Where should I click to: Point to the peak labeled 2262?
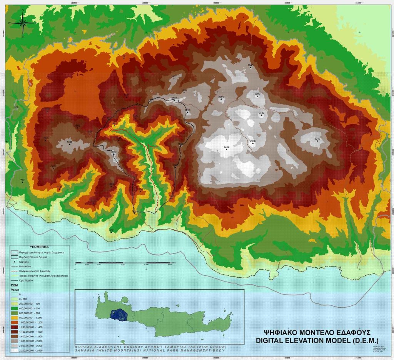(x=258, y=97)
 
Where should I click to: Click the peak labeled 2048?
(x=251, y=68)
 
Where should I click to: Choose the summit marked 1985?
(x=70, y=145)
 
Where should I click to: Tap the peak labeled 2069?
(x=221, y=99)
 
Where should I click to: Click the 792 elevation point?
(x=22, y=182)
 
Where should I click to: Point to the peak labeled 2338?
(x=253, y=143)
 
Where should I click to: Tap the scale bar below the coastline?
(x=125, y=263)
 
